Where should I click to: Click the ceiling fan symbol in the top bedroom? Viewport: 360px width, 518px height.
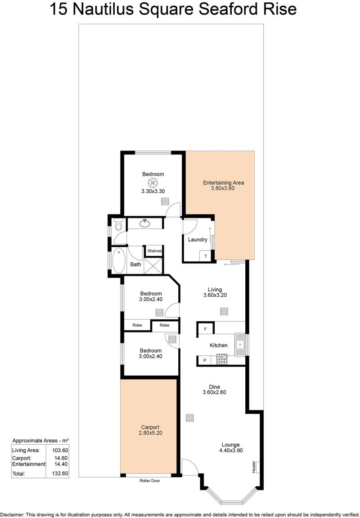coord(153,183)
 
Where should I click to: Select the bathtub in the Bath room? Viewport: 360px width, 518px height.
coord(118,261)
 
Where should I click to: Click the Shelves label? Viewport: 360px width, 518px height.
coord(154,251)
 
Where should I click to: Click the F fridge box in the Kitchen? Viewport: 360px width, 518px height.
coord(206,329)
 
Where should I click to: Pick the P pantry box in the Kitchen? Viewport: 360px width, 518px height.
coord(205,360)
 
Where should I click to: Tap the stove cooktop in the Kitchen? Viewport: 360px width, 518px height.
coord(222,359)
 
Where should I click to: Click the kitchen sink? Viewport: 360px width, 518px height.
coord(241,345)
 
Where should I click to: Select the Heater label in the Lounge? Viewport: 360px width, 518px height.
coord(254,467)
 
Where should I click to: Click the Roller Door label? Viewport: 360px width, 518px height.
coord(149,481)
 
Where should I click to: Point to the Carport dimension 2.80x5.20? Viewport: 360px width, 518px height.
coord(150,433)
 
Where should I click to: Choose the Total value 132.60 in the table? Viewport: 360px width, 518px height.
coord(60,473)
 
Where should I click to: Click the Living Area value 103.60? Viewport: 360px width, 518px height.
coord(60,450)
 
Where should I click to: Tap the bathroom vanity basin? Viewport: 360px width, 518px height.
coord(144,223)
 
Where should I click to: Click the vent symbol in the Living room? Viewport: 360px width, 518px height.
coord(225,312)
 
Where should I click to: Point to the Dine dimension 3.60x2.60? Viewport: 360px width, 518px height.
coord(215,392)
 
